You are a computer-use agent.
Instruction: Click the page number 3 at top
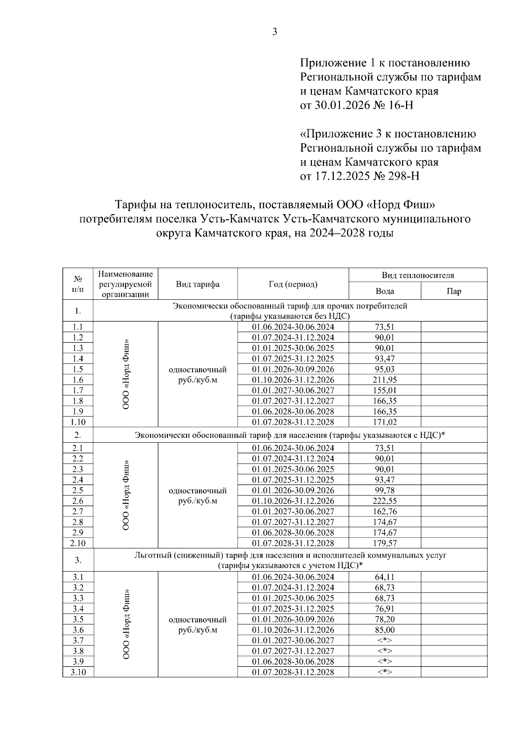click(275, 31)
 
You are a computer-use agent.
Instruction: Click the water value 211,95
click(385, 380)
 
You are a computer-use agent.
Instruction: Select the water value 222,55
click(385, 501)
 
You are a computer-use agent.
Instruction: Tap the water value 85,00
click(385, 630)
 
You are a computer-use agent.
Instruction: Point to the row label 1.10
click(78, 422)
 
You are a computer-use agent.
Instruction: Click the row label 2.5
click(78, 490)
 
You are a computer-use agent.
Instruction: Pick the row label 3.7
click(78, 640)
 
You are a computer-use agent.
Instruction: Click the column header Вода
click(385, 291)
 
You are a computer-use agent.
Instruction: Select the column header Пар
click(454, 291)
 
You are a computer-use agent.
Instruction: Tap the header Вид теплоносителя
click(417, 275)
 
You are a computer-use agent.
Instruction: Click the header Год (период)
click(293, 284)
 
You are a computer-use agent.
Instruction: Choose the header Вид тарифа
click(198, 284)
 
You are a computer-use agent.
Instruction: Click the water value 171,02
click(385, 422)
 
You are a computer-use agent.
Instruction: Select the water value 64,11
click(385, 577)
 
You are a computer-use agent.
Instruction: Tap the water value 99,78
click(385, 490)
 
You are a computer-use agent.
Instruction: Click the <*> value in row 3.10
click(385, 672)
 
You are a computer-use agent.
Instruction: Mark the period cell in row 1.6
click(293, 380)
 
